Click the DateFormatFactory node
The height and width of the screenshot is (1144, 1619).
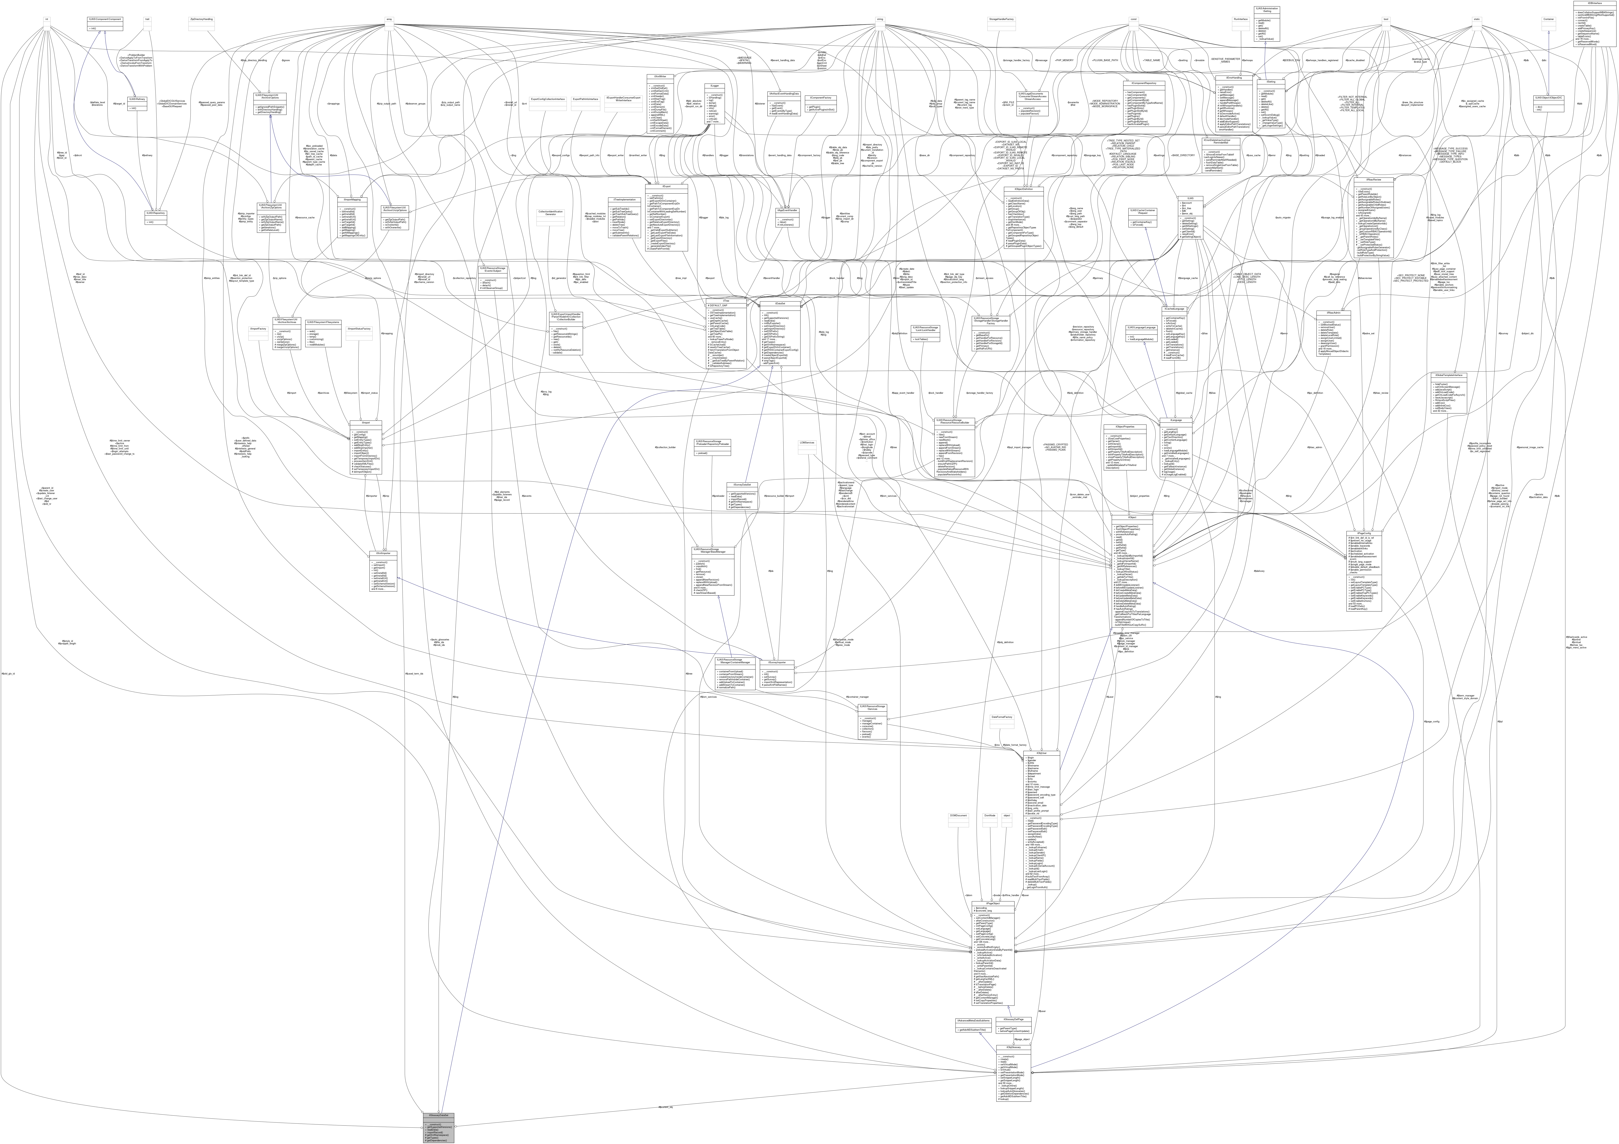(1001, 717)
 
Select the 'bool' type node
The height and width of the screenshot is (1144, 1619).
(1386, 19)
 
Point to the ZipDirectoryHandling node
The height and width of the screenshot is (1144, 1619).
(202, 19)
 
